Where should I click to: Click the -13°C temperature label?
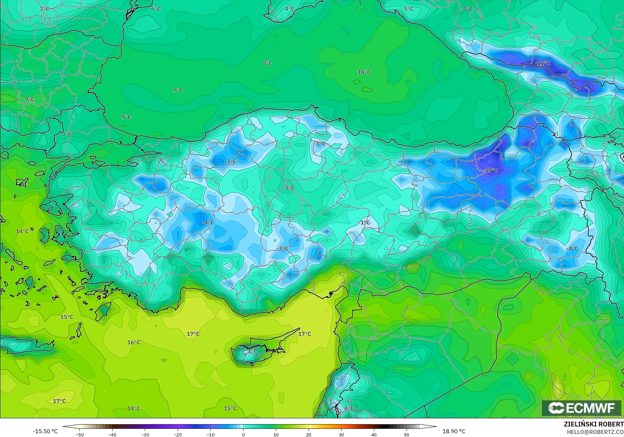(x=491, y=170)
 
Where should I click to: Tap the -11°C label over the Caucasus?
(x=542, y=63)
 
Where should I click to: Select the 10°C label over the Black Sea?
(x=364, y=72)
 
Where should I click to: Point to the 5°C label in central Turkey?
(x=290, y=187)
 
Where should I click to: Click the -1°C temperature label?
(x=364, y=222)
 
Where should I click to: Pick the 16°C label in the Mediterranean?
(x=134, y=342)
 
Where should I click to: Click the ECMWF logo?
(x=581, y=408)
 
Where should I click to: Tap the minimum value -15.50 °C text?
(x=45, y=431)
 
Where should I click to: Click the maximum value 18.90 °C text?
(x=454, y=431)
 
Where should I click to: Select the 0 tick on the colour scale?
(x=243, y=434)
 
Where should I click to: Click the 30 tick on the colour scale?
(x=341, y=434)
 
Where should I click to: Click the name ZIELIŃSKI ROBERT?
(x=593, y=424)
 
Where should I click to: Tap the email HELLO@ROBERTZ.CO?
(x=595, y=432)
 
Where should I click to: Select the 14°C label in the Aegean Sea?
(x=22, y=231)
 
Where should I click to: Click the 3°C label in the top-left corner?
(x=44, y=8)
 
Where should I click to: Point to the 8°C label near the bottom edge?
(x=349, y=408)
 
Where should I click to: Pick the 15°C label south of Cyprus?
(x=230, y=408)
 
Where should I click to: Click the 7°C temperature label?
(x=67, y=135)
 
